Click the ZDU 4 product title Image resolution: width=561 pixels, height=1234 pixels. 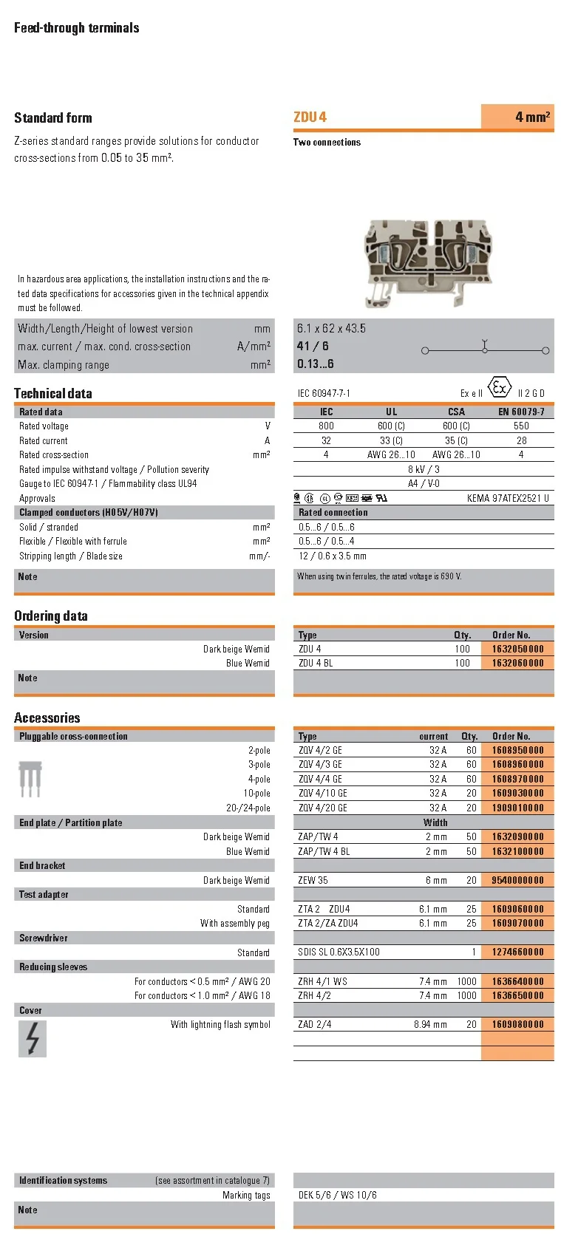(x=310, y=117)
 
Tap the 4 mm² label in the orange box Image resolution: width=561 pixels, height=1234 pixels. (x=532, y=117)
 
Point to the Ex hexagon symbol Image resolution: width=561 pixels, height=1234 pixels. (x=500, y=388)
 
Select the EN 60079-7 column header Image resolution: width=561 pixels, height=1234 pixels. (x=521, y=412)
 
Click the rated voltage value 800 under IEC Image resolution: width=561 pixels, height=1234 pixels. (x=326, y=426)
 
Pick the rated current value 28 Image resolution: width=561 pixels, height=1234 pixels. (x=521, y=440)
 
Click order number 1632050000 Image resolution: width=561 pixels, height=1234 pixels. (x=517, y=649)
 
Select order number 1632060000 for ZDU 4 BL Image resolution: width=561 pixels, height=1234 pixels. (x=517, y=663)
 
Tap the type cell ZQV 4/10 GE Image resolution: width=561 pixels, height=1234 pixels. (x=322, y=793)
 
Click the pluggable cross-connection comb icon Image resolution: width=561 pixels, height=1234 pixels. (x=30, y=780)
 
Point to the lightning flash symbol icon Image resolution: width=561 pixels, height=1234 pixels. (x=33, y=1038)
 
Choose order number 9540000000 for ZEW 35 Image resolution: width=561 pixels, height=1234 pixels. (x=517, y=880)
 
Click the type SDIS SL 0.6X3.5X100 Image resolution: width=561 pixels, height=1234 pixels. (x=339, y=952)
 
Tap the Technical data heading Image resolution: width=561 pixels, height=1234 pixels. (x=53, y=393)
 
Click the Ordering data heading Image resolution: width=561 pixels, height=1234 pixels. (x=51, y=616)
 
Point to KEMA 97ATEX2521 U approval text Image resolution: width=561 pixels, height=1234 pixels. (x=508, y=498)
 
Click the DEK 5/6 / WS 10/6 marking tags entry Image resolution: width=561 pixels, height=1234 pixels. (x=337, y=1195)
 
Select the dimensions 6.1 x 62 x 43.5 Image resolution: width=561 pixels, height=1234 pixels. (x=331, y=328)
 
